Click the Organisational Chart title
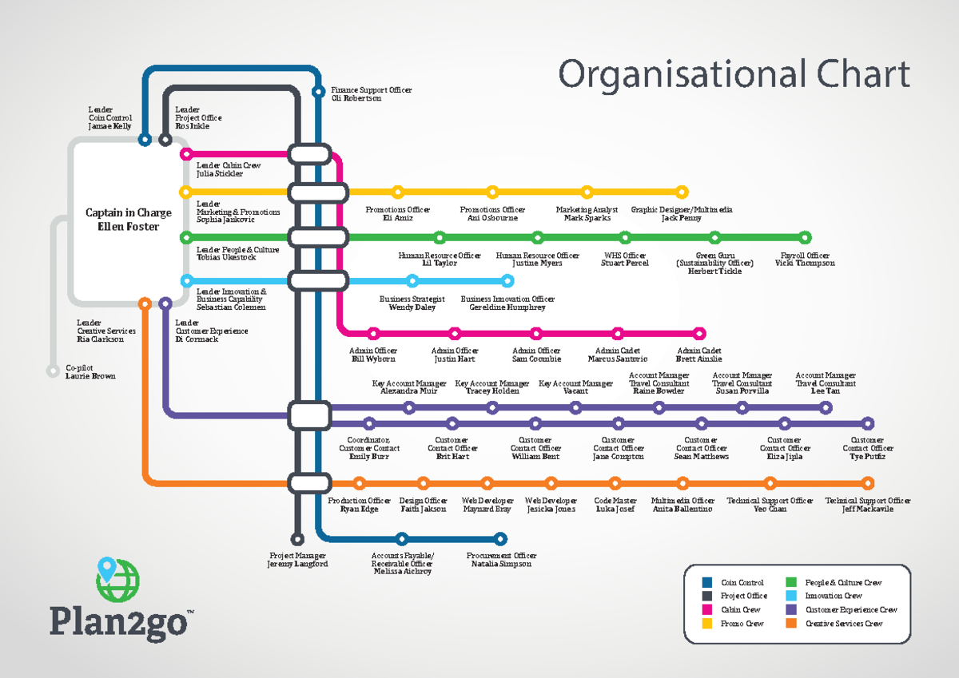click(734, 74)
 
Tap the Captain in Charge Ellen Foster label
click(128, 220)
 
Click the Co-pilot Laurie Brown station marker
click(53, 371)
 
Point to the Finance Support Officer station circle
click(317, 90)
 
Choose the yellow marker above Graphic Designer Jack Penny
click(682, 192)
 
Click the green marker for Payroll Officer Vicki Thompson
click(805, 237)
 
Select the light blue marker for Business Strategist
click(412, 280)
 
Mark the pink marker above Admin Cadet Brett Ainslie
click(699, 333)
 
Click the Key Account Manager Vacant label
click(575, 387)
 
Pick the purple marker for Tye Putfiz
click(868, 424)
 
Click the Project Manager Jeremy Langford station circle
click(297, 539)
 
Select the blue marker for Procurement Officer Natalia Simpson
click(501, 538)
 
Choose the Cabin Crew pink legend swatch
click(706, 609)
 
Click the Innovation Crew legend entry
click(833, 596)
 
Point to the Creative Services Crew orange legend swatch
click(791, 623)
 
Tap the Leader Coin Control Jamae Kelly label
click(109, 117)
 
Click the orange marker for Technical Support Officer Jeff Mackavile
click(868, 482)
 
